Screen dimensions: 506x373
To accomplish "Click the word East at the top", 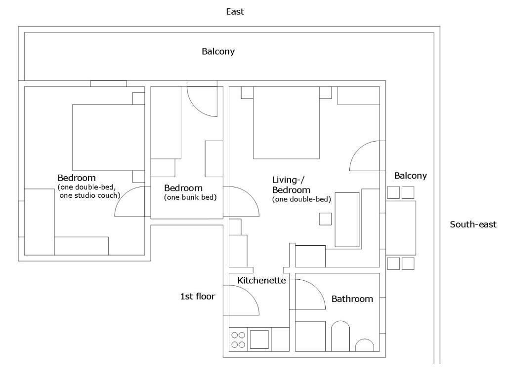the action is click(x=235, y=12).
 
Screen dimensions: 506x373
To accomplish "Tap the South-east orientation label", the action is click(x=473, y=224).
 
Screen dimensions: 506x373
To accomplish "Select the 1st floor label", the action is click(x=198, y=297).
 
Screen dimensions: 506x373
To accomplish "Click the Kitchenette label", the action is click(x=262, y=281).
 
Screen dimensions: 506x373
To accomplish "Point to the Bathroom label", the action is click(x=352, y=299).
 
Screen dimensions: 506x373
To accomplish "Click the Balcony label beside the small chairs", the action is click(x=411, y=176).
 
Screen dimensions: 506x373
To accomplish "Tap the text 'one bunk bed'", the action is click(x=190, y=197).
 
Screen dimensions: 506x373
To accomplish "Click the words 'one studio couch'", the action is click(x=88, y=195).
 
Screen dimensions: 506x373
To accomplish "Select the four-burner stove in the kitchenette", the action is click(x=238, y=339).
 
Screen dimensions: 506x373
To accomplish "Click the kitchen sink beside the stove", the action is click(x=259, y=339).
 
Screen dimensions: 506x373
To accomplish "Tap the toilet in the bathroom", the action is click(x=340, y=336).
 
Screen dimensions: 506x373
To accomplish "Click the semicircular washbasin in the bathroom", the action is click(x=365, y=345).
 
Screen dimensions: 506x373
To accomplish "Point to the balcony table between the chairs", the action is click(x=401, y=228).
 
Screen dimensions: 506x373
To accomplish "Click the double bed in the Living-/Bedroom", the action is click(x=286, y=123).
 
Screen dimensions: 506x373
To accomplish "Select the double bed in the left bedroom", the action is click(x=108, y=138).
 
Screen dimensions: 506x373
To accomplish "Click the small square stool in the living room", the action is click(x=325, y=219).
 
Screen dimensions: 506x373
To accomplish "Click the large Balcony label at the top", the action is click(x=218, y=51).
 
